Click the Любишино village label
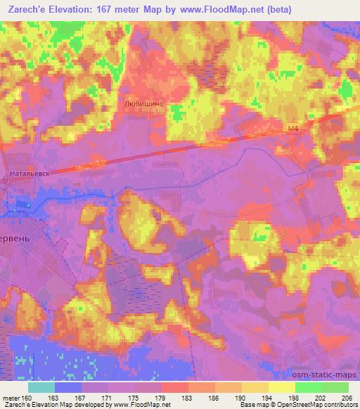pyautogui.click(x=143, y=103)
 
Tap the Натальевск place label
pyautogui.click(x=29, y=171)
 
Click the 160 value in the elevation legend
pyautogui.click(x=27, y=396)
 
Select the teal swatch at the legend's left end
pyautogui.click(x=41, y=387)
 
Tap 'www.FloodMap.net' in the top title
pyautogui.click(x=214, y=8)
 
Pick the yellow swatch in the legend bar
pyautogui.click(x=281, y=387)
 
